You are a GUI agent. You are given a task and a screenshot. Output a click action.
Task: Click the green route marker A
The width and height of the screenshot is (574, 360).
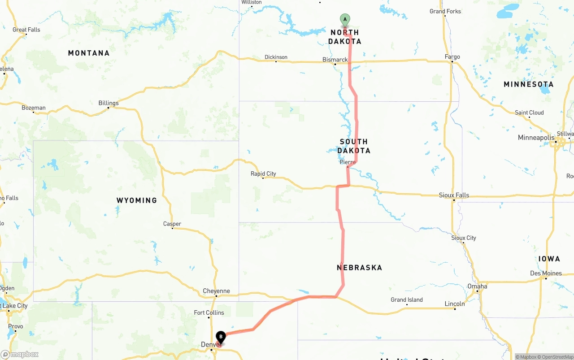[345, 19]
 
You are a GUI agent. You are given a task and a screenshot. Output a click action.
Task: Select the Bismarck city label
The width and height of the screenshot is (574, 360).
[335, 60]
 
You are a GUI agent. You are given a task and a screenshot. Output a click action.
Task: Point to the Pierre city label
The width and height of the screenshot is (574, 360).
[348, 162]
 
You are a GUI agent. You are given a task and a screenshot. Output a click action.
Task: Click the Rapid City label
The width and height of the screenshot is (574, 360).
[263, 173]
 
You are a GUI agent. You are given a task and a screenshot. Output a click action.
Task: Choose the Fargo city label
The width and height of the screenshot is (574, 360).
[452, 57]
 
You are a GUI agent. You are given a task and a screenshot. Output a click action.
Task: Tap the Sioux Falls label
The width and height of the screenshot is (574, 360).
[454, 195]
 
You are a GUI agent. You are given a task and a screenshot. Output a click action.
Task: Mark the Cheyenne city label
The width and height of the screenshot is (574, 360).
[216, 291]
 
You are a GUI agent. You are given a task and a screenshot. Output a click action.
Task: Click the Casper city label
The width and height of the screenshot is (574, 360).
[172, 224]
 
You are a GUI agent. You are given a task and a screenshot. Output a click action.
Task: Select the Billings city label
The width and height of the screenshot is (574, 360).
[109, 103]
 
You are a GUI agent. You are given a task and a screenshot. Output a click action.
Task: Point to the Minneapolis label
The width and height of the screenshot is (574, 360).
[536, 138]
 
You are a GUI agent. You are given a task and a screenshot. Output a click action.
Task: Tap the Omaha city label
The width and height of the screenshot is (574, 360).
[477, 286]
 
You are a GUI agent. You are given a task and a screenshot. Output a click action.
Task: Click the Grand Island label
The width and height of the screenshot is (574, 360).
[406, 300]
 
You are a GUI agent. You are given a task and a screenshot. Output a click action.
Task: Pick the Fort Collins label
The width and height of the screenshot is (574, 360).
[209, 312]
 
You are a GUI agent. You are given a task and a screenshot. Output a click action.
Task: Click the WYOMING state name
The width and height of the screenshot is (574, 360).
[137, 200]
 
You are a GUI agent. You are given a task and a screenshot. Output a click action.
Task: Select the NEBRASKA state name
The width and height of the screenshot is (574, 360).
[359, 268]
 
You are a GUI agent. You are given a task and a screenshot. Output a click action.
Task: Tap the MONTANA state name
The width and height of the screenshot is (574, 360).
[89, 53]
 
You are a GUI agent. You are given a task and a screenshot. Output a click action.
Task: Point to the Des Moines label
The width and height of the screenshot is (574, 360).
[546, 273]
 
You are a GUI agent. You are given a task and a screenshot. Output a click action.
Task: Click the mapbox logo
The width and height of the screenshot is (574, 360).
[20, 355]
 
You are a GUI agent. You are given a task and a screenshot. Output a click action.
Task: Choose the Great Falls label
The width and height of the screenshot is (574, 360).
[26, 30]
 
